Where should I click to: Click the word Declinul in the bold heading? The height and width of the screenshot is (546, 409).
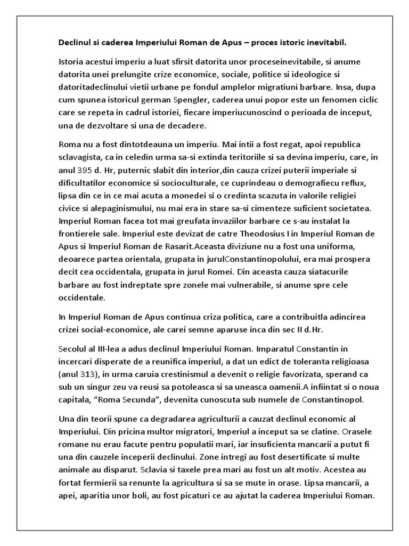click(73, 41)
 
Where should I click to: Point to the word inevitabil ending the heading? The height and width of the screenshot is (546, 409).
click(328, 41)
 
